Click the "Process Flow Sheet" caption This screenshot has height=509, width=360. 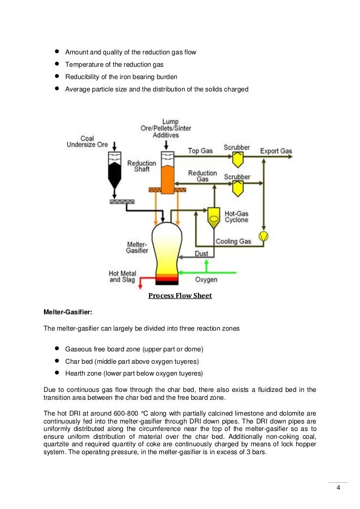tap(180, 296)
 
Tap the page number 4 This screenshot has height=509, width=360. tap(338, 488)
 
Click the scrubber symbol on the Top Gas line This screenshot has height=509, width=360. tap(237, 158)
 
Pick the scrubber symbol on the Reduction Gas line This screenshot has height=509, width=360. tap(237, 187)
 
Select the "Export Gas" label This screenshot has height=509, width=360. tap(276, 151)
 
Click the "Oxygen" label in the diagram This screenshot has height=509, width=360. tap(206, 280)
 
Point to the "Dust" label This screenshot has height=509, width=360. tap(201, 254)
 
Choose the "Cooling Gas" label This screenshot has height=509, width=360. tap(233, 242)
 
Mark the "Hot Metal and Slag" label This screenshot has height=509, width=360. tap(122, 277)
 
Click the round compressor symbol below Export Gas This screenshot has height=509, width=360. tap(264, 236)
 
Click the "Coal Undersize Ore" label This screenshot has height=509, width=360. tap(87, 142)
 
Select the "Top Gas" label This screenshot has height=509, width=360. tap(200, 151)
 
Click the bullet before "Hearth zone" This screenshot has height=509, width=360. tap(57, 373)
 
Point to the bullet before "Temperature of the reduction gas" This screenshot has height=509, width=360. tap(57, 64)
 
